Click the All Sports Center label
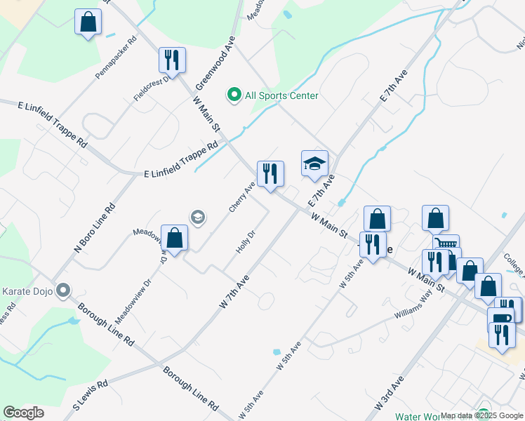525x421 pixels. (281, 95)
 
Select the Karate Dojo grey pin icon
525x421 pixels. (64, 290)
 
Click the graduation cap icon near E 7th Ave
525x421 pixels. (314, 164)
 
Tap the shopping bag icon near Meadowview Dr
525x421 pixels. (175, 238)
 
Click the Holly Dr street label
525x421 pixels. (244, 242)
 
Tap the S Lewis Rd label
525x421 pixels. (91, 392)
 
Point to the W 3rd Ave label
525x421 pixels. (389, 396)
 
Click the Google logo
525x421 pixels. (23, 413)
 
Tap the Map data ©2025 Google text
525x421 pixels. (481, 415)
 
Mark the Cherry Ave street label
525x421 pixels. (241, 198)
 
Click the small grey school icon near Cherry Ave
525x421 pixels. (197, 218)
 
